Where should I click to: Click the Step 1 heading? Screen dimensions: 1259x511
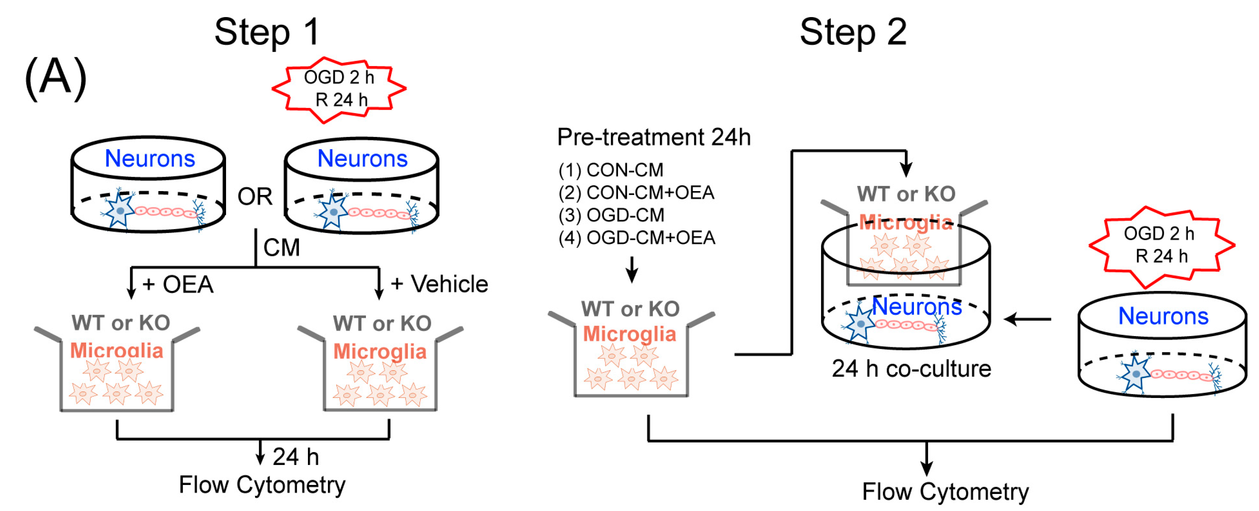[267, 32]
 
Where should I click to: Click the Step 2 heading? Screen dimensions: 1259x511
[853, 32]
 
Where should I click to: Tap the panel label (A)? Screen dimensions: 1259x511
[56, 78]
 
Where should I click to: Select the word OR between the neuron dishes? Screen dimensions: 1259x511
[255, 197]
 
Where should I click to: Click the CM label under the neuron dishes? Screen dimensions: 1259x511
[281, 247]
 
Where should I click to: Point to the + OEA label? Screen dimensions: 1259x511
[178, 284]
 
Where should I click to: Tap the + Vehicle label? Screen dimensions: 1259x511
[439, 284]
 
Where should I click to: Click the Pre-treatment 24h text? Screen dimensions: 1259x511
[653, 137]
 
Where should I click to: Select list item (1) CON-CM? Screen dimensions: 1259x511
[611, 170]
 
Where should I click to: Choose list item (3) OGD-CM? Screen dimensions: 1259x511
[612, 215]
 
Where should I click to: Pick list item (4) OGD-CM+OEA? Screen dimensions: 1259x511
[637, 238]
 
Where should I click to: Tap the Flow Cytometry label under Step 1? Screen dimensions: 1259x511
[262, 485]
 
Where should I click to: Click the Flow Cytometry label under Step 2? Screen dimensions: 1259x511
[945, 491]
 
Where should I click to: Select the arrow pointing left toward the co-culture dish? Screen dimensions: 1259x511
[1027, 319]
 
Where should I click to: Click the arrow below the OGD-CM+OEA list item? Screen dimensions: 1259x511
[632, 270]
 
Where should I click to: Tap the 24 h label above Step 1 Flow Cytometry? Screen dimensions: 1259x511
[296, 457]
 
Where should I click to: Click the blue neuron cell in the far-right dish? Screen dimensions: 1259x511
[1135, 373]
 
